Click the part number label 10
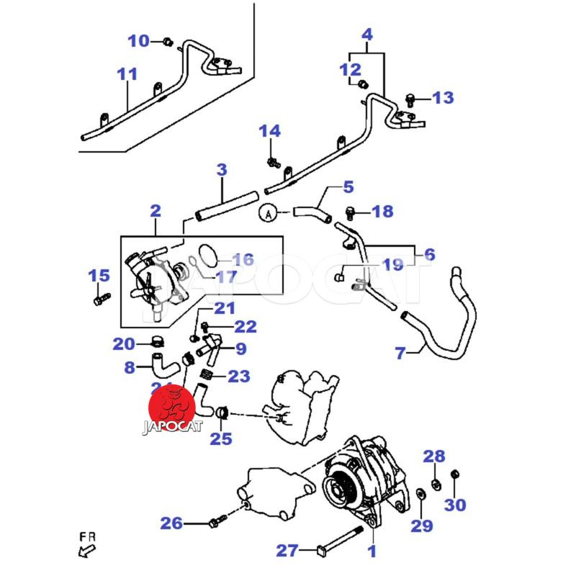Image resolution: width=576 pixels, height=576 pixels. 138,40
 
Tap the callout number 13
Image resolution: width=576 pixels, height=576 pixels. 443,97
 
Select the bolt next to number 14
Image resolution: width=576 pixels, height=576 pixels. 273,161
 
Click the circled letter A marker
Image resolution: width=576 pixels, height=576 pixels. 268,212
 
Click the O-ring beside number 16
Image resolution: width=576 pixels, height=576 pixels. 207,253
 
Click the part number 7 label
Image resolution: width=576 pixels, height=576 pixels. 400,352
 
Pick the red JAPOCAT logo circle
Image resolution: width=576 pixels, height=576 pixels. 172,408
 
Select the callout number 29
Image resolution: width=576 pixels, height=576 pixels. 422,526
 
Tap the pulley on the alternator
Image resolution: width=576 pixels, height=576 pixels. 339,491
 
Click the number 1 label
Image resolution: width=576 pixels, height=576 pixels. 372,552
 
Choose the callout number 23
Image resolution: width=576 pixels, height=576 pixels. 239,376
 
